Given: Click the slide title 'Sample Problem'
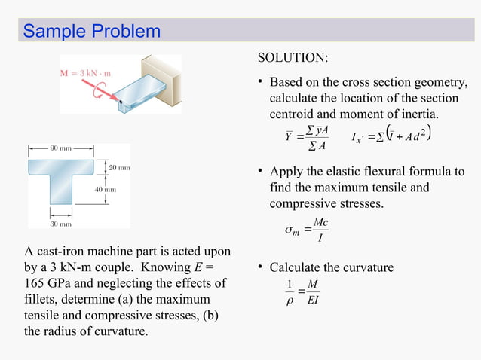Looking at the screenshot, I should (x=91, y=32).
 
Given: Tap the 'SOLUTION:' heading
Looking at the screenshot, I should (x=293, y=58).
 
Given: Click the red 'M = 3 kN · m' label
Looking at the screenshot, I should (x=86, y=73).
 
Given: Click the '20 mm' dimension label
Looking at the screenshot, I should (x=118, y=166).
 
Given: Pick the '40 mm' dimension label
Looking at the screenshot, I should (x=105, y=190).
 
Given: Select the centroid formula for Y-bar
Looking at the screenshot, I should (x=308, y=139).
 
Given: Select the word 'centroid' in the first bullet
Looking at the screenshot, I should (x=293, y=114).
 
